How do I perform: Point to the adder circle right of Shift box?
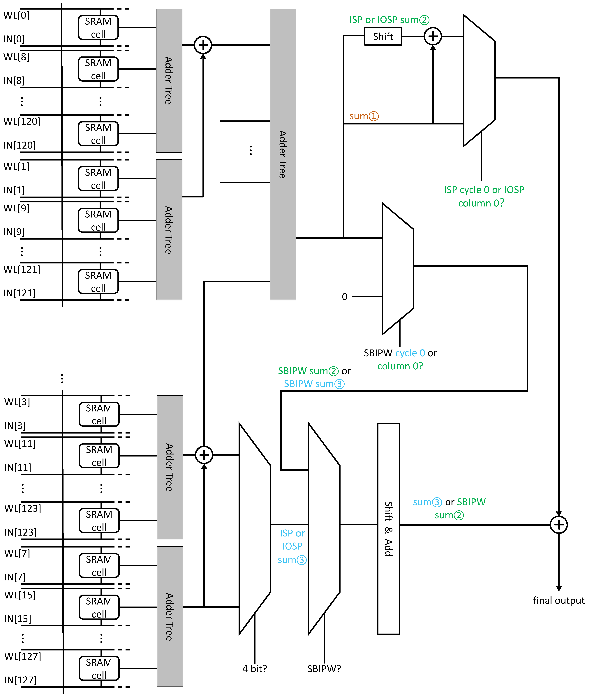tap(433, 36)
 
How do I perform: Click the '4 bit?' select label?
tap(255, 668)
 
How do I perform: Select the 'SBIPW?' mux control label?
tap(324, 668)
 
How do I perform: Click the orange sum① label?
tap(364, 116)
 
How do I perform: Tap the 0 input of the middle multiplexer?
tap(344, 297)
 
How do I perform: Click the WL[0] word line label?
tap(16, 15)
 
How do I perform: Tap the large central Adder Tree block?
tap(283, 154)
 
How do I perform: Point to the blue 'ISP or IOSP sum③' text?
tap(292, 546)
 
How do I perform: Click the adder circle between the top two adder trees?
tap(203, 45)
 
